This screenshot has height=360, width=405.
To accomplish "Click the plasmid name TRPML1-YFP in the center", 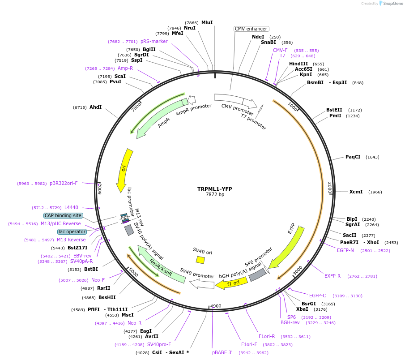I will [x=214, y=189].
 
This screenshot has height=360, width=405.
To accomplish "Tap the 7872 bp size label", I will [x=214, y=195].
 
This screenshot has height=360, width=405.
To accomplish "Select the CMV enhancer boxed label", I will [x=251, y=29].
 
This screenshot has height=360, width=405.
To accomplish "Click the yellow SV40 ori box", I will [x=200, y=260].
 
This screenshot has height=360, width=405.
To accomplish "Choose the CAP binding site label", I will [x=63, y=215].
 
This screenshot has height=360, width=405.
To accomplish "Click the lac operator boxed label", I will [x=72, y=231].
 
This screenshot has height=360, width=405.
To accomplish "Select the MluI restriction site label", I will [x=207, y=22].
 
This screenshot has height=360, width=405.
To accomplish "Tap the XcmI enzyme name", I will [x=356, y=192].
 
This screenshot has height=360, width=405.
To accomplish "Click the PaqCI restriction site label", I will [x=353, y=157].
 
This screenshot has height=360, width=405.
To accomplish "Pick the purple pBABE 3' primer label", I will [x=222, y=352].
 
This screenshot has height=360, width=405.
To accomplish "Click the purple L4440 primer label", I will [x=71, y=207].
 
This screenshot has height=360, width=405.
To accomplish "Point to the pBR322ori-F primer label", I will [x=64, y=183].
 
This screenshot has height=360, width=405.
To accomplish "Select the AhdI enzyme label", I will [x=95, y=107].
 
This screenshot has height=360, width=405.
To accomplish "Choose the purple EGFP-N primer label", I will [x=345, y=250].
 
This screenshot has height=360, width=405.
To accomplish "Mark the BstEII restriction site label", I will [x=334, y=110].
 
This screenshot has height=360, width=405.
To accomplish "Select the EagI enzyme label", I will [x=146, y=331].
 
